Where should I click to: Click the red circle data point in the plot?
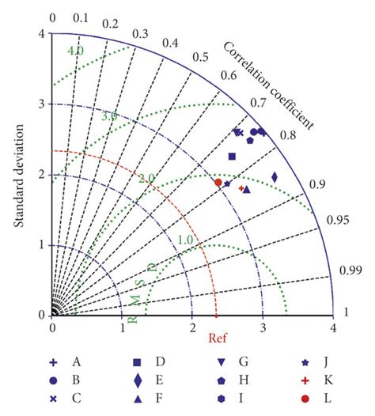click(218, 182)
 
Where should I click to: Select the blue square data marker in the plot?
click(232, 157)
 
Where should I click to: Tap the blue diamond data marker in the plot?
click(275, 177)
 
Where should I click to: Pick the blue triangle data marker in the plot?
click(247, 190)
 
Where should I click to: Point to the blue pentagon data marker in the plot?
click(250, 140)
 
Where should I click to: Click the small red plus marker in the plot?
click(241, 188)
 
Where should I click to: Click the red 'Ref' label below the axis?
click(218, 338)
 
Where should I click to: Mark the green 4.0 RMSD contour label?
click(75, 51)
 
